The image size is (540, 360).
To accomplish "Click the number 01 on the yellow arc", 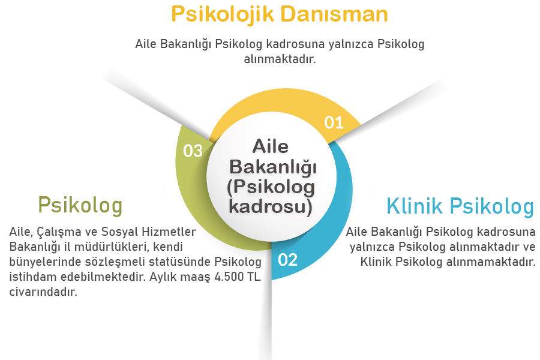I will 334,122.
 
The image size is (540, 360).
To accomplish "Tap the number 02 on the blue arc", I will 287,260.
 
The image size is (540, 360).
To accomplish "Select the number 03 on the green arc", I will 193,151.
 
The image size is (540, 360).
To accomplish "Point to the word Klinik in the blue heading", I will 415,206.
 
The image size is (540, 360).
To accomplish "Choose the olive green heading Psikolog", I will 80,205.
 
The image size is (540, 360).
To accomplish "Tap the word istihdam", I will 30,277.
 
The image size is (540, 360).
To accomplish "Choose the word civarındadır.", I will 44,293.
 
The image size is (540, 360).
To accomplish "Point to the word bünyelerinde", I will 43,262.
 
